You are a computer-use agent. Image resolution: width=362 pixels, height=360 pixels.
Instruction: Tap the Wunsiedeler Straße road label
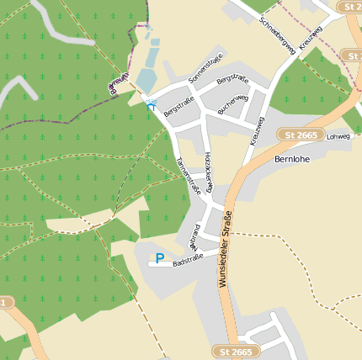[225, 249]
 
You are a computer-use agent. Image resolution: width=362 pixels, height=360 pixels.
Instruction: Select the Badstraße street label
[189, 263]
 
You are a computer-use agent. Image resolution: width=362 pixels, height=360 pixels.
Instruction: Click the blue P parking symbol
[159, 258]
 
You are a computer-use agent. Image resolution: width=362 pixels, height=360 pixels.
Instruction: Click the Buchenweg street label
[232, 103]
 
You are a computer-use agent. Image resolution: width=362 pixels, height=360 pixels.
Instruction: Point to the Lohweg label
[338, 135]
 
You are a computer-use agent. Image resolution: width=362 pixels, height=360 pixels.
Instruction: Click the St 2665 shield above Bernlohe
[301, 135]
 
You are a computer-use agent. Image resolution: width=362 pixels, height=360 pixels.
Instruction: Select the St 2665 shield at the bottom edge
[232, 350]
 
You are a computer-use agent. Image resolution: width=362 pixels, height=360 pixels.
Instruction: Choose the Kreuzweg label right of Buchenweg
[258, 130]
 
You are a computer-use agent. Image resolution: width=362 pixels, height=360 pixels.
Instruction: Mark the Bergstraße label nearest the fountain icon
[179, 107]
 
